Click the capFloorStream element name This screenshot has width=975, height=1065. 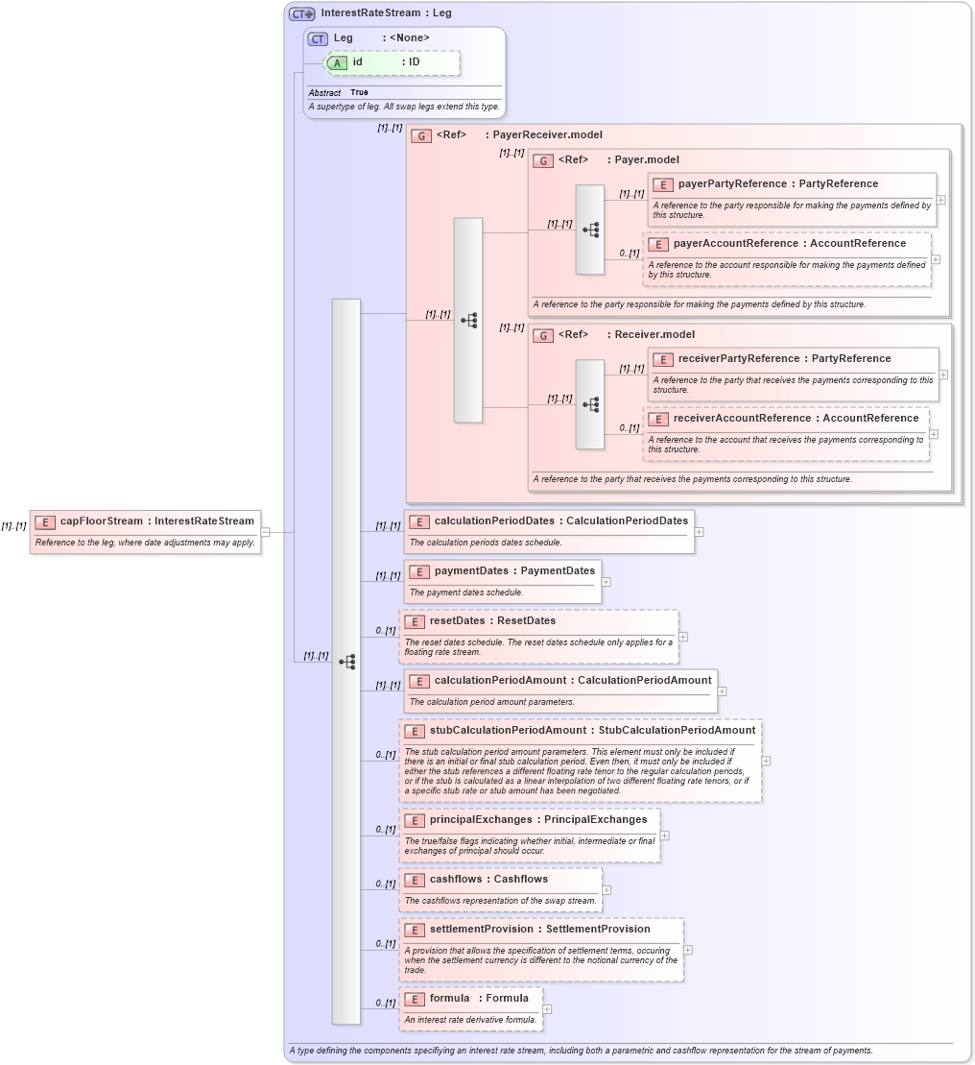(102, 521)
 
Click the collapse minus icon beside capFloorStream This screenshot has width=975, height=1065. (265, 531)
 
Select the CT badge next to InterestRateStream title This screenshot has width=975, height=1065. (302, 13)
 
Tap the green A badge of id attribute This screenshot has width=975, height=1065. (338, 62)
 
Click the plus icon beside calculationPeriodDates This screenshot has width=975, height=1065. (699, 531)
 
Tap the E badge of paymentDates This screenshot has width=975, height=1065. (419, 571)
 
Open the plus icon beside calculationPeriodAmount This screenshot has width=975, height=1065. (722, 690)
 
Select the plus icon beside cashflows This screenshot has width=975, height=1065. (606, 890)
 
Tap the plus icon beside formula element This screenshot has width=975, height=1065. (547, 1009)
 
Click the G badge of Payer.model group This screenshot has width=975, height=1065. (543, 160)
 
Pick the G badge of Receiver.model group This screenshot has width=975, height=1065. (543, 335)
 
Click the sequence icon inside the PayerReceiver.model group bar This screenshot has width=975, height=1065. (468, 320)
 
